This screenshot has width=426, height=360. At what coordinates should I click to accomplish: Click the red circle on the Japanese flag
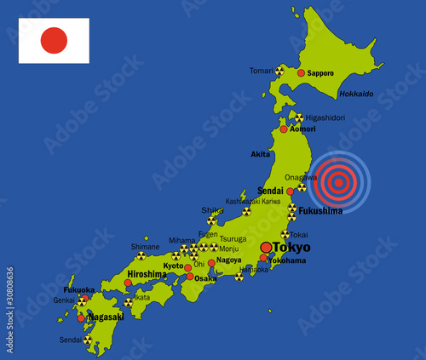coord(54,40)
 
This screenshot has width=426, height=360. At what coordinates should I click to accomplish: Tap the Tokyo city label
coord(292,247)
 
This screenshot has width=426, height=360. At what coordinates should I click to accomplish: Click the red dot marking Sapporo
coord(301,73)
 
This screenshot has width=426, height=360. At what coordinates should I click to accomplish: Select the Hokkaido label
coord(356,94)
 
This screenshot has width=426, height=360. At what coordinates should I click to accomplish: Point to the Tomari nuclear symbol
coord(279,71)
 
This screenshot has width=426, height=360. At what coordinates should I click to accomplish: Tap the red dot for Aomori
coord(284,129)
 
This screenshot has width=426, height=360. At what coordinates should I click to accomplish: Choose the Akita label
coord(261,154)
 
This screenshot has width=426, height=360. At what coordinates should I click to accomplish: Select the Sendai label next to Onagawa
coord(271,191)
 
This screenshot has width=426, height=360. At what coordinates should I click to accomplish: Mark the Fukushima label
coord(321,210)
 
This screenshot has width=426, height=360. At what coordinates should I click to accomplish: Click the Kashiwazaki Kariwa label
coord(253,202)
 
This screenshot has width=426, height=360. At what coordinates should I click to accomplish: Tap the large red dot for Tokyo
coord(266,247)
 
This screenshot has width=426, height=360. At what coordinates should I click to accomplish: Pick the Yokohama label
coord(287,260)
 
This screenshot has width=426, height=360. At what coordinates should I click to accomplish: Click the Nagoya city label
coord(227,260)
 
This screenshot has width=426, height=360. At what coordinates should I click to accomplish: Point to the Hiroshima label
coord(147,274)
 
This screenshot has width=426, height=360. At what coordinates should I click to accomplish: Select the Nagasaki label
coord(106,317)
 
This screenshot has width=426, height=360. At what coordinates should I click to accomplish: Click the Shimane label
coord(144,246)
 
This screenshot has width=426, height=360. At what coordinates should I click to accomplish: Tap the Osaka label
coord(205,278)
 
